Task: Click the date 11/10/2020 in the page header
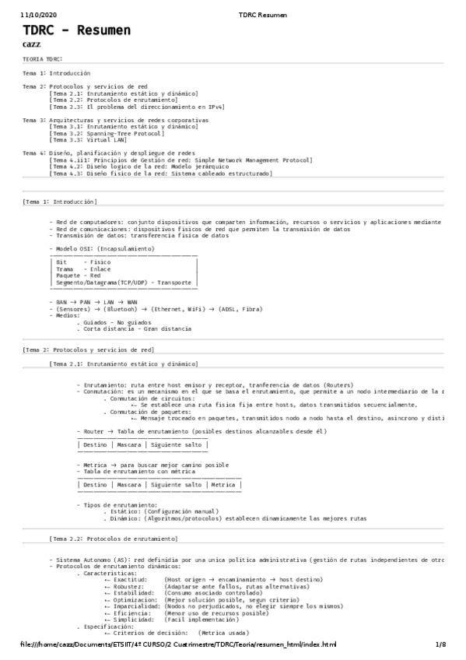[x=37, y=15]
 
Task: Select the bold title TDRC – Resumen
[x=76, y=30]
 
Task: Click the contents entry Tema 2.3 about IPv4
[x=136, y=106]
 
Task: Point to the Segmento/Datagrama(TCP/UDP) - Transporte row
[x=123, y=282]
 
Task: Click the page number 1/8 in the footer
[x=440, y=645]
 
